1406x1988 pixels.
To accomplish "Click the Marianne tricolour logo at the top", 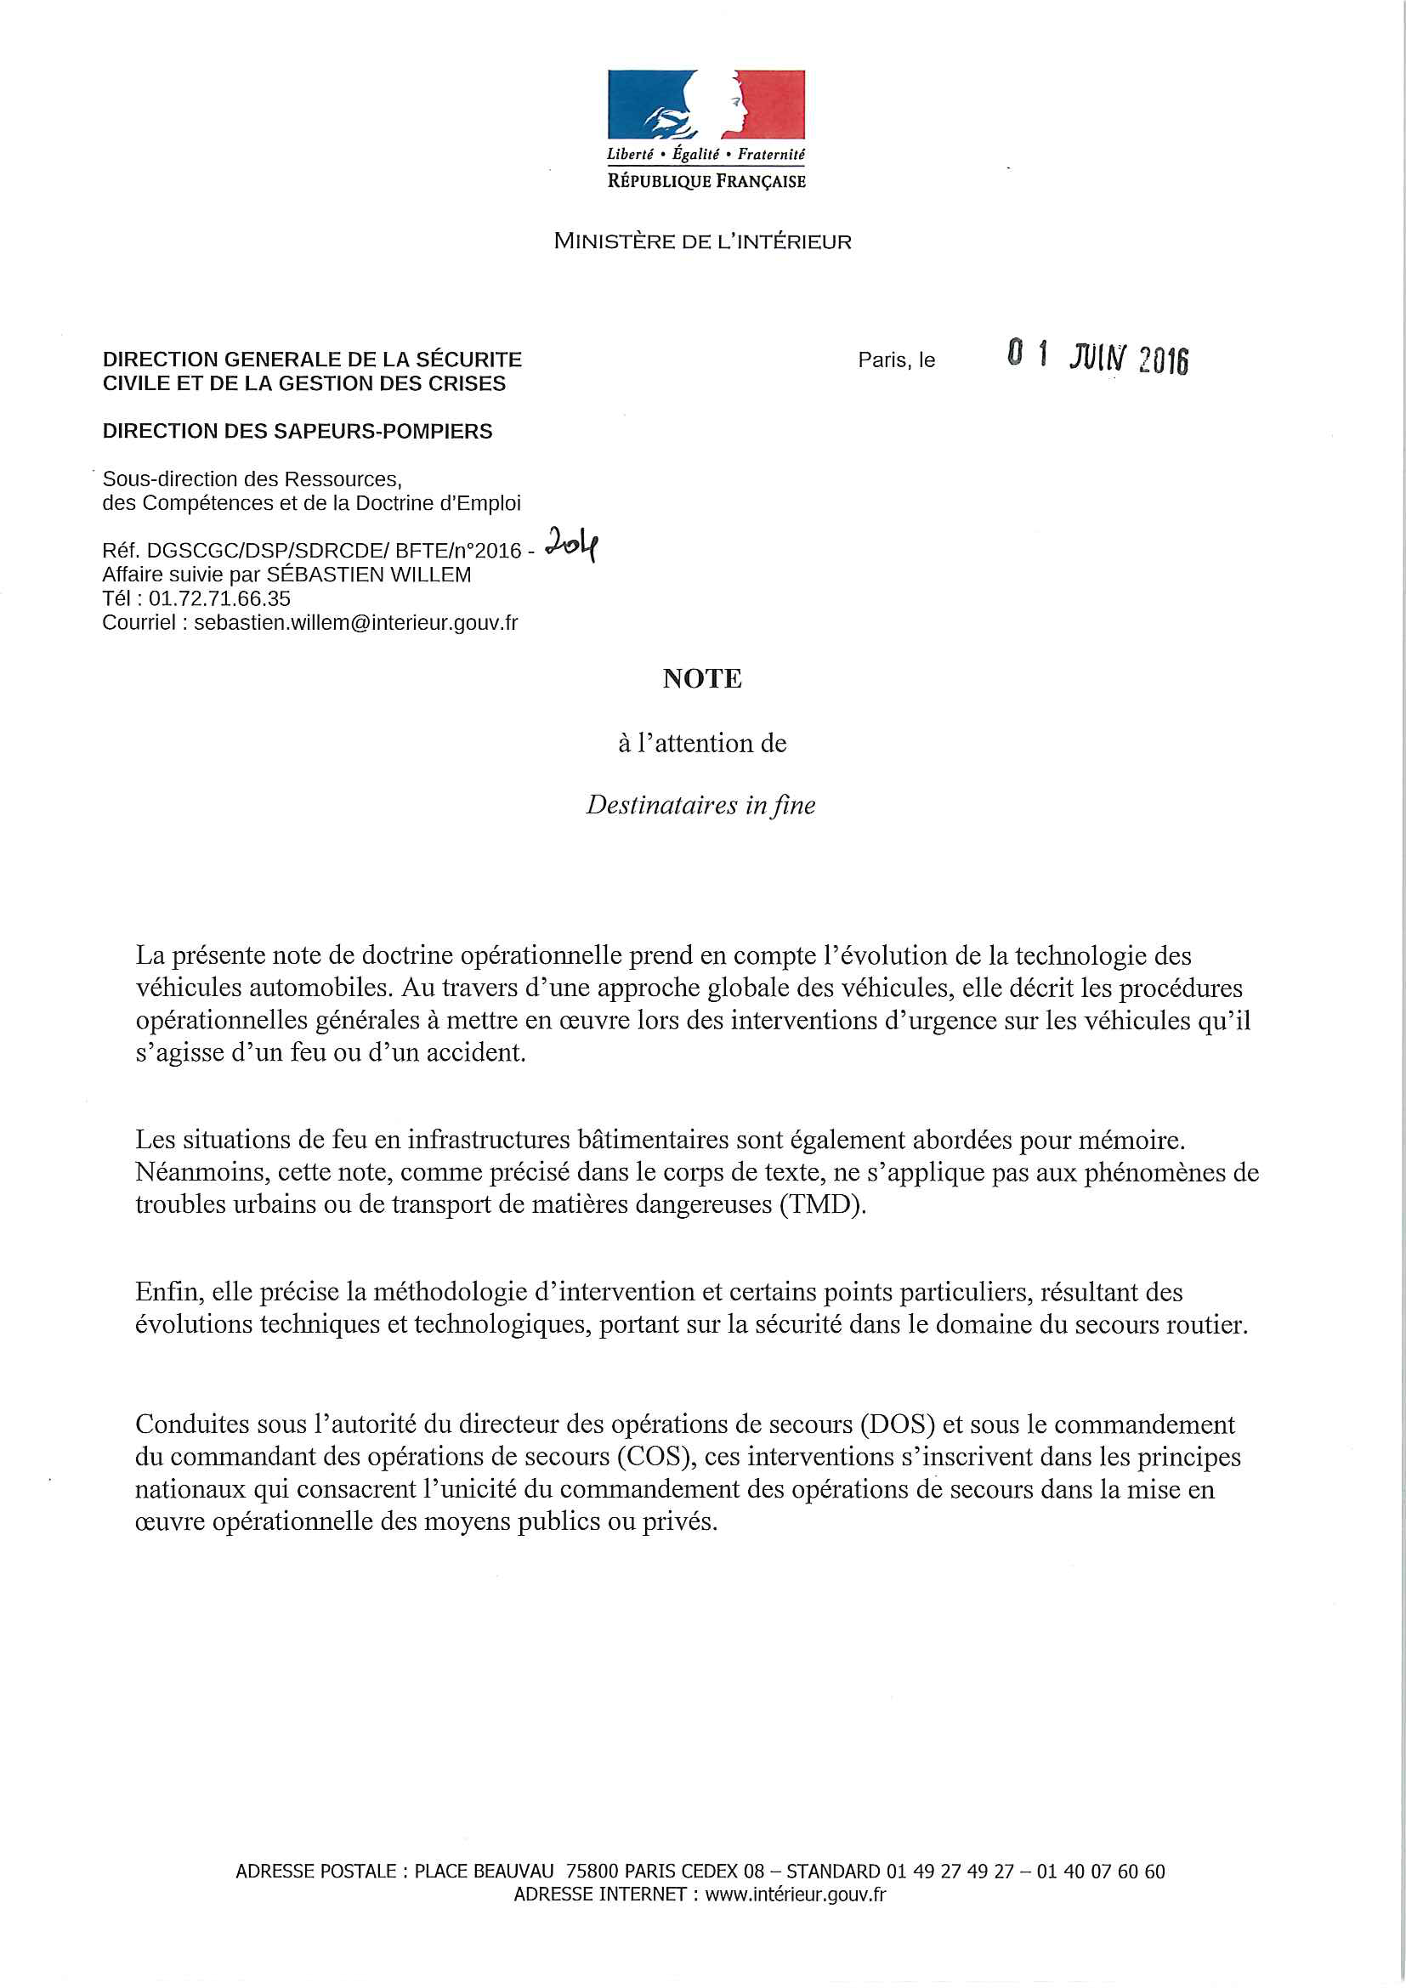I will [x=706, y=105].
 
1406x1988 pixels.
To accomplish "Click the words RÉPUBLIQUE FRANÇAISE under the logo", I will [x=706, y=181].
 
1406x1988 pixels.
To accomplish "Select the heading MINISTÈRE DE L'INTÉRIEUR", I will [x=702, y=241].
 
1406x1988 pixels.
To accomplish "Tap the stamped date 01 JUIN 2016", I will [x=1097, y=357].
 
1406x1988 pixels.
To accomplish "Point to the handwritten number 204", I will [x=571, y=546].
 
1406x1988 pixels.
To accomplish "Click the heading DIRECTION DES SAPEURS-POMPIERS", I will [x=297, y=431].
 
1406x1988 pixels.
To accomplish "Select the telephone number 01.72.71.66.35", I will [x=219, y=598].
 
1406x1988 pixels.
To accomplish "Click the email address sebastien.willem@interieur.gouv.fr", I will [x=356, y=622].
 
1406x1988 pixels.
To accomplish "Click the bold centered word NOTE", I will [x=702, y=679].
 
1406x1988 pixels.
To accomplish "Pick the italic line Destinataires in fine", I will [x=700, y=805].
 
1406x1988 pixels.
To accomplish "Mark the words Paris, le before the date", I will [x=896, y=360].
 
